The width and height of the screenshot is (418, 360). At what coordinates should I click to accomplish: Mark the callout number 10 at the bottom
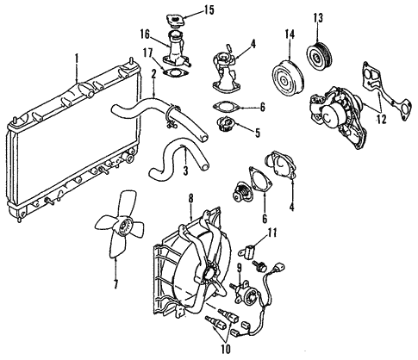[x=226, y=350]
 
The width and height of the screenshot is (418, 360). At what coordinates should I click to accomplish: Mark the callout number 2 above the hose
[x=153, y=74]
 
